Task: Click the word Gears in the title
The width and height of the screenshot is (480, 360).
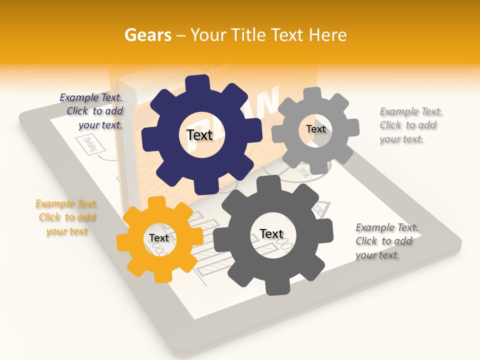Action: click(x=147, y=35)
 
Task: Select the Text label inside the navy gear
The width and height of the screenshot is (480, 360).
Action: click(x=199, y=135)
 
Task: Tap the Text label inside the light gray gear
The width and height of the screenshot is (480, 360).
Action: click(x=315, y=129)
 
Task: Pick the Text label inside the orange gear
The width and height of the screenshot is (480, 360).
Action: click(x=159, y=238)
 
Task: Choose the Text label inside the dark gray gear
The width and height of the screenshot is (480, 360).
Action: click(x=271, y=233)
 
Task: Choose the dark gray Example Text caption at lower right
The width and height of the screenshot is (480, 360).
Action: click(x=386, y=241)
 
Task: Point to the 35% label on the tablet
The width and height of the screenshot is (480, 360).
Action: click(x=303, y=171)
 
